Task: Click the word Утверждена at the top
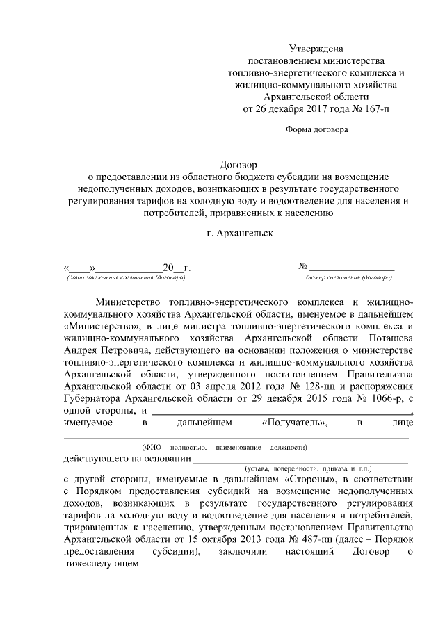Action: click(316, 49)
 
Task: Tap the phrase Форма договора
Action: click(316, 129)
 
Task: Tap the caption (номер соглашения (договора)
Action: click(348, 277)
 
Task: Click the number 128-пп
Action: click(289, 384)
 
